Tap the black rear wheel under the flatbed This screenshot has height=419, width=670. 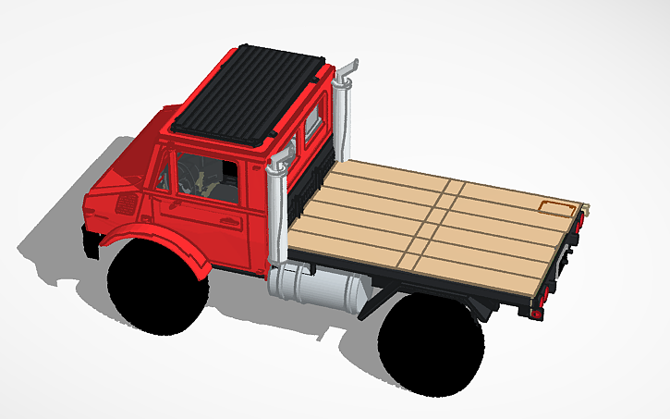[x=428, y=341]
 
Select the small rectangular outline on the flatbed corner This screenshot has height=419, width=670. [x=555, y=206]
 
